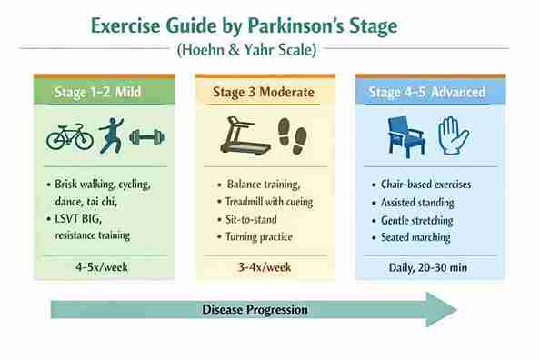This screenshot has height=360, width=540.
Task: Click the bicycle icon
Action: click(70, 136)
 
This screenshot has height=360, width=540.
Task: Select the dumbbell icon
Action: click(146, 137)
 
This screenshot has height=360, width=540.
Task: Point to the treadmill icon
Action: click(245, 136)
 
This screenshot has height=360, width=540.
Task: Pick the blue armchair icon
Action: click(405, 135)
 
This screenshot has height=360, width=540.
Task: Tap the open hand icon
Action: click(452, 135)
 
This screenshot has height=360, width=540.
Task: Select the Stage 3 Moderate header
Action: click(264, 92)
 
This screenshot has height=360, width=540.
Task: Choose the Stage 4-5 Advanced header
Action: click(426, 92)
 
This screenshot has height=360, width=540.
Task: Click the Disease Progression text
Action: click(255, 310)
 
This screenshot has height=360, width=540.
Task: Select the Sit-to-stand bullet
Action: click(254, 219)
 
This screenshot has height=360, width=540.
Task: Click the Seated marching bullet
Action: click(415, 237)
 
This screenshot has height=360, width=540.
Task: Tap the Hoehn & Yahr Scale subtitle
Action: click(246, 50)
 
